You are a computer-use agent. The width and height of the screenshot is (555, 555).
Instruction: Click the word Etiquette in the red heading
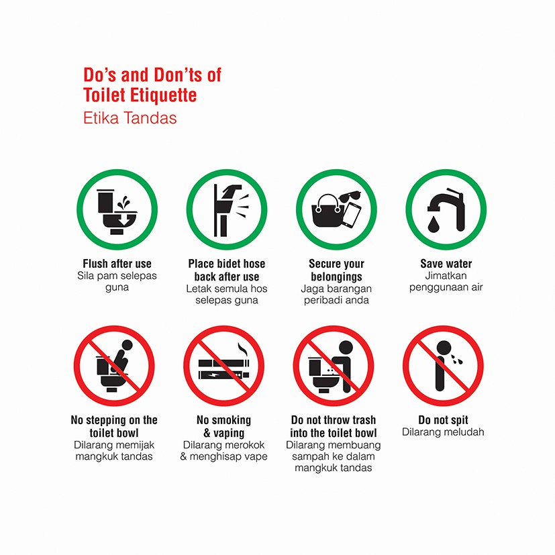[x=163, y=95]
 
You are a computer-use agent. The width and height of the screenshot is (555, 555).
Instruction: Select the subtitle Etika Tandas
[x=130, y=118]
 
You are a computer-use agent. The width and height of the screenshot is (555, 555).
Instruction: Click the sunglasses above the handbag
[x=350, y=197]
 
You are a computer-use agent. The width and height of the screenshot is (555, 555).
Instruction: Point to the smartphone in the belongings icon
[x=352, y=215]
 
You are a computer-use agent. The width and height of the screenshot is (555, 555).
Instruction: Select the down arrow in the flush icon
[x=123, y=220]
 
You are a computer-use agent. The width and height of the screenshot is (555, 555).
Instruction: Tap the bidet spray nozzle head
[x=232, y=190]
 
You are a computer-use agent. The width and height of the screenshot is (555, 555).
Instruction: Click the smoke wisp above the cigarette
[x=243, y=349]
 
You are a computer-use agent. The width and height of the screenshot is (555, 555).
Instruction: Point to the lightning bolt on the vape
[x=215, y=375]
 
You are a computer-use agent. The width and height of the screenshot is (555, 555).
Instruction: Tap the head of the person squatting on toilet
[x=127, y=345]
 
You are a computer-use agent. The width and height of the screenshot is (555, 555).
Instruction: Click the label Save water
[x=446, y=264]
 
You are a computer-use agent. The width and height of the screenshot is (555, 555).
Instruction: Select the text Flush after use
[x=117, y=264]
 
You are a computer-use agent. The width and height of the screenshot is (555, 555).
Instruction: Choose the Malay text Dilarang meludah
[x=443, y=432]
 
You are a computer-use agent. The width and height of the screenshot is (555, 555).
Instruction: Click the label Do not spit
[x=443, y=420]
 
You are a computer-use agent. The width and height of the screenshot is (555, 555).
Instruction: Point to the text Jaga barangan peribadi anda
[x=336, y=295]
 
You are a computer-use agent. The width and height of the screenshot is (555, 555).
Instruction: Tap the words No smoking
[x=223, y=420]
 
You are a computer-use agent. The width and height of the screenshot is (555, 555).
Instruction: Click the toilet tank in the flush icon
[x=106, y=201]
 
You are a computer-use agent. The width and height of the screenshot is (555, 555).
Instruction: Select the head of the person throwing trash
[x=346, y=348]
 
